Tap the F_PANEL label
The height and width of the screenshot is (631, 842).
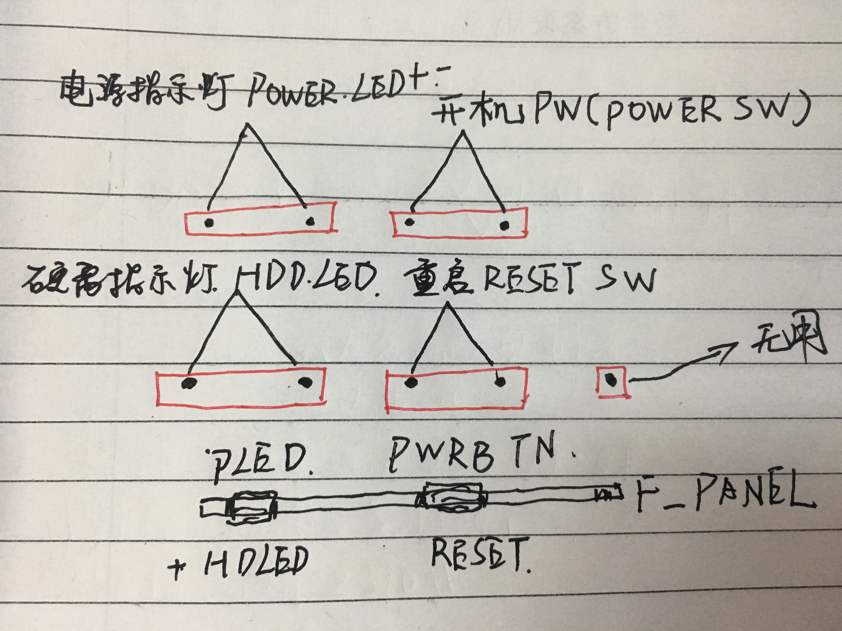pyautogui.click(x=723, y=495)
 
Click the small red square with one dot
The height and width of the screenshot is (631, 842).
pyautogui.click(x=611, y=381)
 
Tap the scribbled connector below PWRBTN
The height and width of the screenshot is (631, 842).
pyautogui.click(x=453, y=499)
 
